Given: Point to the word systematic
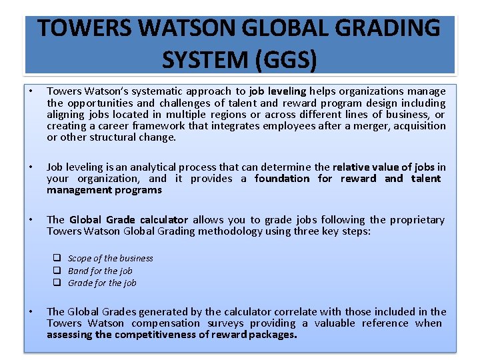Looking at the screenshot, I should (x=152, y=91).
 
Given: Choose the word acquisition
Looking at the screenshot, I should (x=418, y=126).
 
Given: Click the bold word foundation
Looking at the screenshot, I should (x=282, y=179).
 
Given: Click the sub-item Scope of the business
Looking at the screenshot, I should (x=110, y=259).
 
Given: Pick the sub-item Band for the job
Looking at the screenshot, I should (x=100, y=271).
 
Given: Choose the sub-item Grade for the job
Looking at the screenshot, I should (x=102, y=283).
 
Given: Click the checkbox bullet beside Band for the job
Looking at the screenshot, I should (x=58, y=271).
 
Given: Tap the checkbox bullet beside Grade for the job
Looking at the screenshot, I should (x=58, y=283).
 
